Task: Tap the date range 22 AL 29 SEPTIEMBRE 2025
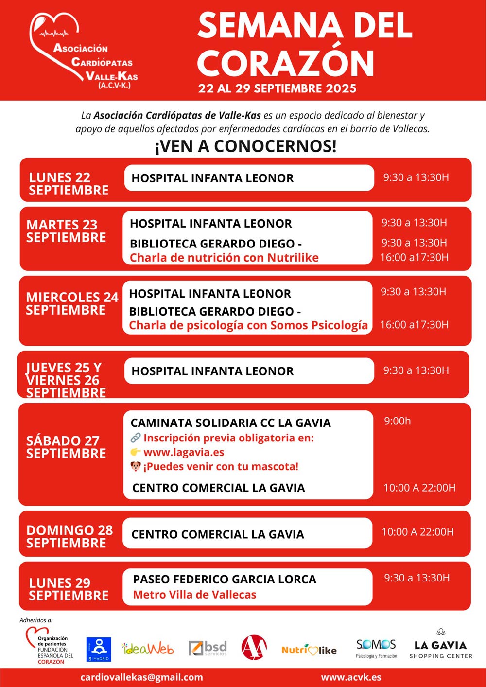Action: coord(277,88)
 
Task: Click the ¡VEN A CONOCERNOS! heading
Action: coord(245,146)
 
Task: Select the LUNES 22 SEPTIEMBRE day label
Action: coord(69,184)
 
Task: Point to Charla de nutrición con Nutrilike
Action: coord(224,258)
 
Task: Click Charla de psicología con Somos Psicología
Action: coord(248,325)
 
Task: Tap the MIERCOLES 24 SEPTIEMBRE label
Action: coord(72,303)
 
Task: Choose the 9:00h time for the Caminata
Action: coord(397,421)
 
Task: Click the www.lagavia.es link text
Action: coord(184,452)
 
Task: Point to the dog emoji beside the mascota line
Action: coord(136,467)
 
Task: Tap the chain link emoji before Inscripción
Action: coord(136,438)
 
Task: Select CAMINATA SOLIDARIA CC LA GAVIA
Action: coord(230,423)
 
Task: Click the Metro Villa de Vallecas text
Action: coord(194,595)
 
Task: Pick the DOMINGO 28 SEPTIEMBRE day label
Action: coord(69,536)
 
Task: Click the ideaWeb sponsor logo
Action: coord(148,649)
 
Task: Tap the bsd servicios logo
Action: coord(208,648)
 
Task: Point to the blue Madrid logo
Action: coord(99,649)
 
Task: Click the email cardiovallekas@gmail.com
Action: coord(141,677)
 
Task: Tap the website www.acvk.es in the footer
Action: coord(351,677)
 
